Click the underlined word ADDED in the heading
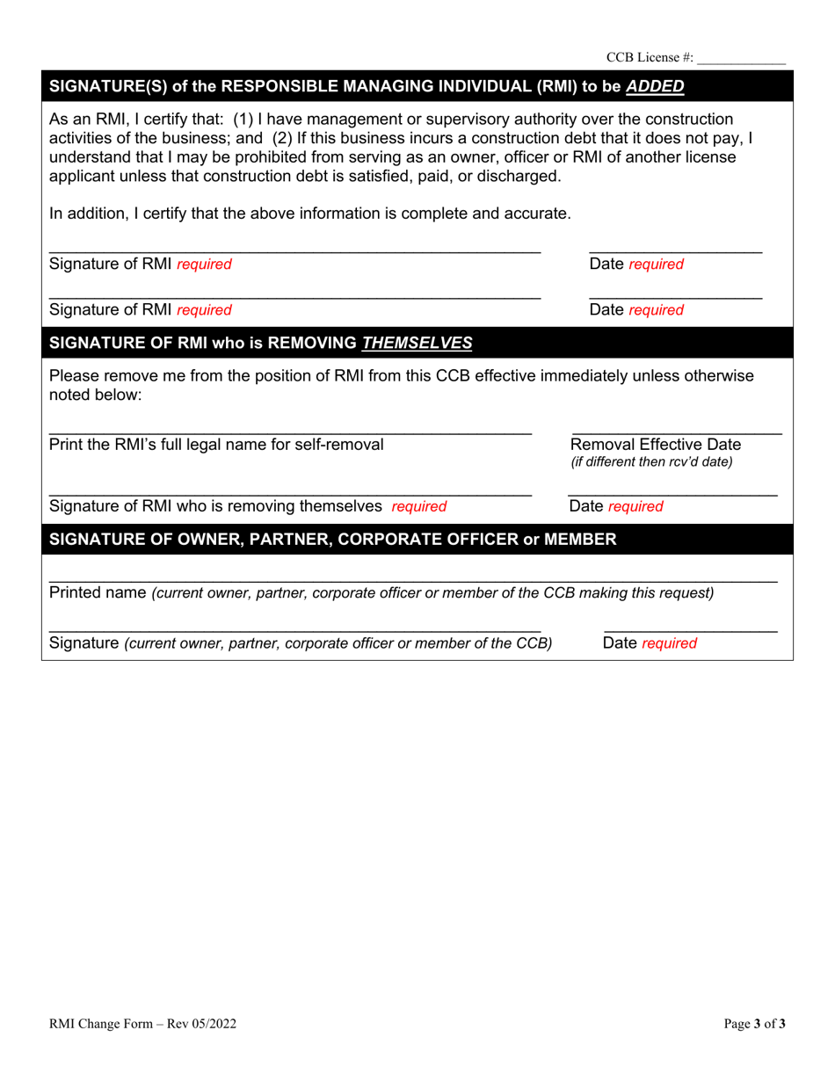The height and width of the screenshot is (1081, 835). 654,86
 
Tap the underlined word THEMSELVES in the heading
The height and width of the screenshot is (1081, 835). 417,343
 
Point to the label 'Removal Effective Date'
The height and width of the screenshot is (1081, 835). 656,444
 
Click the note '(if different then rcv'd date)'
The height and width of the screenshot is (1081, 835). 651,461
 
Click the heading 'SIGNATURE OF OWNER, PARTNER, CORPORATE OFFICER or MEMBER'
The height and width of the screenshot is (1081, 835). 333,539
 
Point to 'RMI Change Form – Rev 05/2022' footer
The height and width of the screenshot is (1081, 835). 142,1023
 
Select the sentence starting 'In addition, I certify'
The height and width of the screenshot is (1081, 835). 310,213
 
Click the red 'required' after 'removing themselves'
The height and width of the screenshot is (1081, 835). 419,506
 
